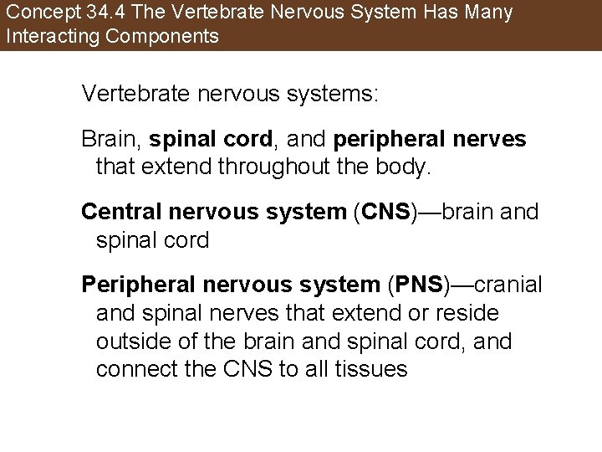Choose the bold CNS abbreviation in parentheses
click(385, 213)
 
